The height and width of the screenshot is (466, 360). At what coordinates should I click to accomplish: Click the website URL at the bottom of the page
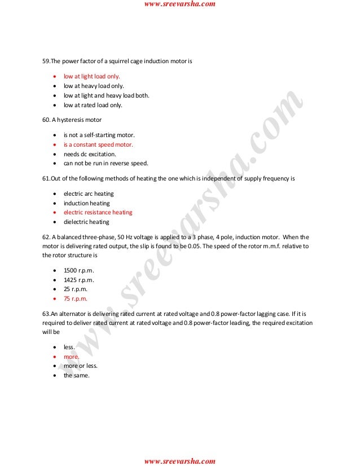tap(179, 461)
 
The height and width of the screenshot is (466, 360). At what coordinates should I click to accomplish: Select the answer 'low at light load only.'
tap(92, 77)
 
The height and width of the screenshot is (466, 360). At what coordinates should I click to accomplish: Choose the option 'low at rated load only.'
tap(93, 105)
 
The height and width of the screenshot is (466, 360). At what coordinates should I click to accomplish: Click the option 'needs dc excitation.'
tap(89, 154)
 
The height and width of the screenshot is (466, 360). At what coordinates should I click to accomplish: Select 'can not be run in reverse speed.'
tap(106, 164)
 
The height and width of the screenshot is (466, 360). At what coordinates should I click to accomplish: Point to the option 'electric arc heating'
tap(89, 194)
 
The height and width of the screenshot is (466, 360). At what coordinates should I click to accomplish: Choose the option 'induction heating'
tap(86, 203)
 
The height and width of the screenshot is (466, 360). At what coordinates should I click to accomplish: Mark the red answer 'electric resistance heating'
tap(98, 212)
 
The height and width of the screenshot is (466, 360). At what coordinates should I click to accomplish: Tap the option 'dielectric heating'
tap(86, 222)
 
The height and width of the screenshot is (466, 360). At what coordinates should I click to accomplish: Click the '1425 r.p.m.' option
tap(78, 280)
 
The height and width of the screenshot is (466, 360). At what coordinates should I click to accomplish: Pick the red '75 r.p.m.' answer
tap(76, 298)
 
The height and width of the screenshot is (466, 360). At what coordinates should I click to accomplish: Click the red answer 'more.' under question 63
tap(72, 357)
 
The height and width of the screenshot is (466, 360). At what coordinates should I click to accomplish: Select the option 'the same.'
tap(76, 375)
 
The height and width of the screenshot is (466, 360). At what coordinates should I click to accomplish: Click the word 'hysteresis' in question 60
tap(72, 120)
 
